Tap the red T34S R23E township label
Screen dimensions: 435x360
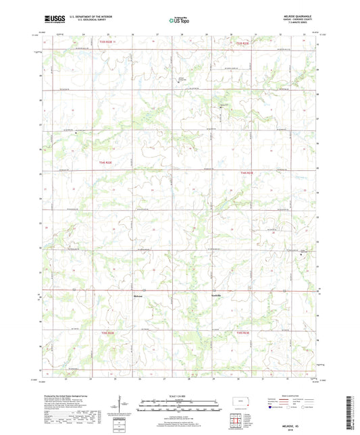(x=246, y=173)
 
